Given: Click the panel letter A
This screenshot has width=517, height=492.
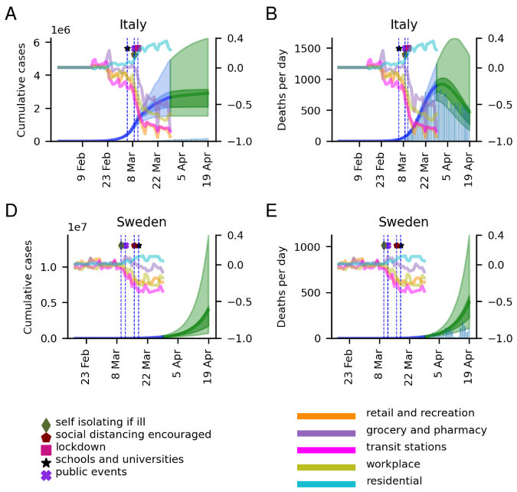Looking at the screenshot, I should click(x=11, y=13).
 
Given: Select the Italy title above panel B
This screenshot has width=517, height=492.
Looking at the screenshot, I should click(x=404, y=24).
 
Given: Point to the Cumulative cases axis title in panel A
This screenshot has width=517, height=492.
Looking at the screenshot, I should click(x=21, y=89).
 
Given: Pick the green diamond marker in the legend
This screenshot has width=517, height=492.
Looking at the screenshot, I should click(x=46, y=422).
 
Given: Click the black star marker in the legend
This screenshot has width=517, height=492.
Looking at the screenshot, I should click(x=46, y=459).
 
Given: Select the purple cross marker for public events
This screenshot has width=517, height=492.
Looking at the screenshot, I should click(x=46, y=471).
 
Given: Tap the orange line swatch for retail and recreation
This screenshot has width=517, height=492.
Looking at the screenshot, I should click(x=326, y=416).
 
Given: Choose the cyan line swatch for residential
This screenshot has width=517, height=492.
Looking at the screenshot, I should click(x=326, y=484).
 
